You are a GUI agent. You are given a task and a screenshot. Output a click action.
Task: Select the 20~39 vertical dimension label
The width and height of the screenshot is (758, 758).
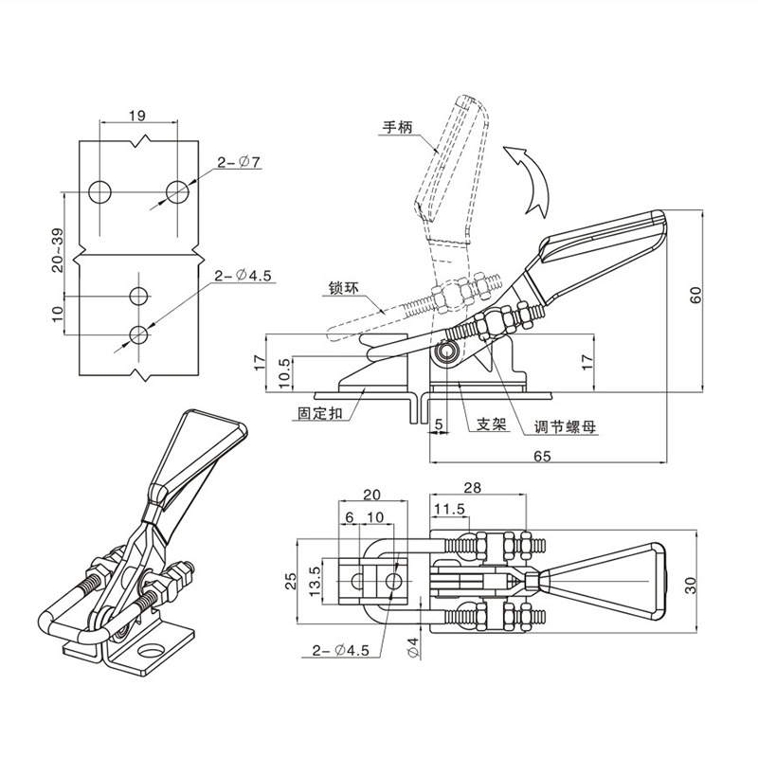59,248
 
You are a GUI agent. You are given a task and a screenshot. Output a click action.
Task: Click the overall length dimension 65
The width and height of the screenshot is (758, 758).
543,456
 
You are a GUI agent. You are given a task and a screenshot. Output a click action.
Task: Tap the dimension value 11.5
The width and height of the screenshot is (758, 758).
450,509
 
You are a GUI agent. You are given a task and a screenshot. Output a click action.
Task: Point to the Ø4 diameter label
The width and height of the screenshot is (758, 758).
413,648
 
